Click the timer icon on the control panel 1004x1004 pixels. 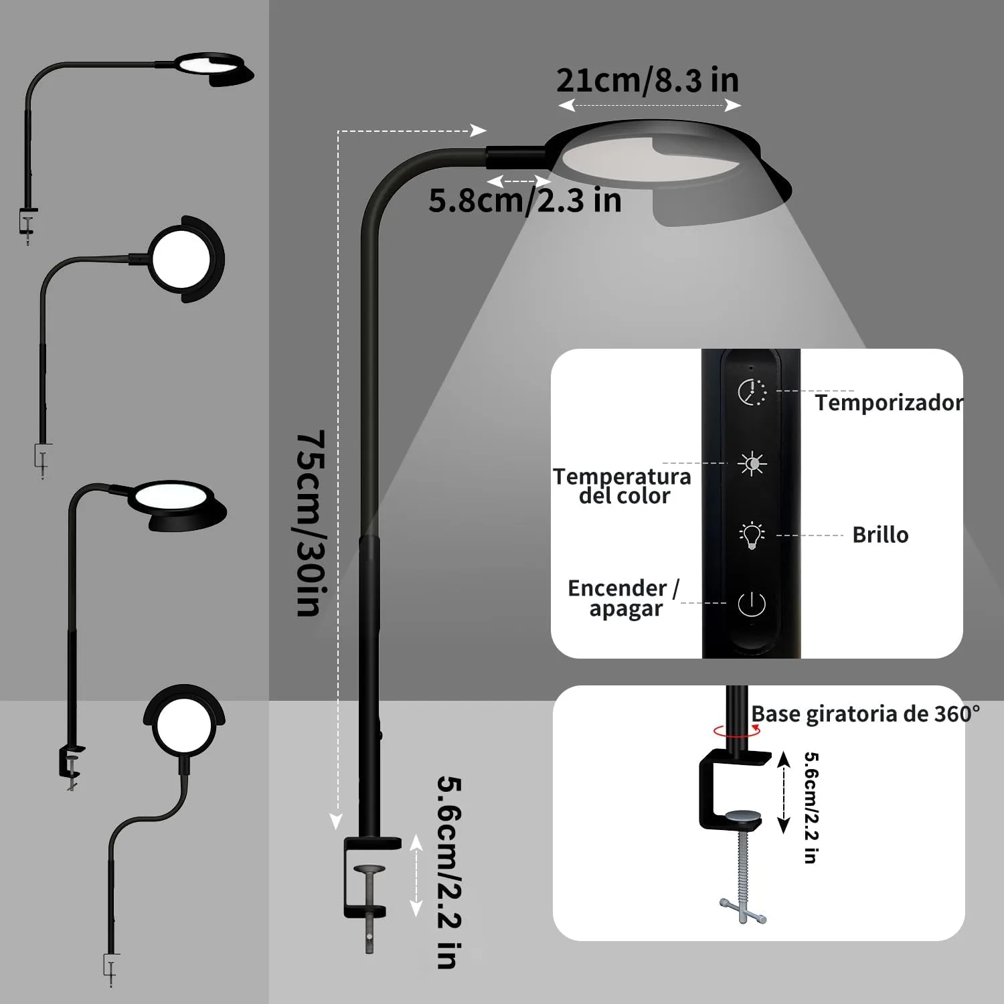pos(752,392)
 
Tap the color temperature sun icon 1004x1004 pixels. pos(752,463)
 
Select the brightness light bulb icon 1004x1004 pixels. pos(752,535)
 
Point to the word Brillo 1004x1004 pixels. pos(880,535)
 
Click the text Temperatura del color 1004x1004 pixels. pos(622,486)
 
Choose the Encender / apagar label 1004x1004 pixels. pos(624,598)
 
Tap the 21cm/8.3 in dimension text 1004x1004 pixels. pos(647,80)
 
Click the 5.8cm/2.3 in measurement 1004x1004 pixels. pos(525,201)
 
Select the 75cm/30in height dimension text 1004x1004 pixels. pos(311,523)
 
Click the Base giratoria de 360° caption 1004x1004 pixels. pos(865,714)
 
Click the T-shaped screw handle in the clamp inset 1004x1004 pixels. pos(743,910)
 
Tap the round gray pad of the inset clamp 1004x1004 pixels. pos(744,816)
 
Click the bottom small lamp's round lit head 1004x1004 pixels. pos(185,726)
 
